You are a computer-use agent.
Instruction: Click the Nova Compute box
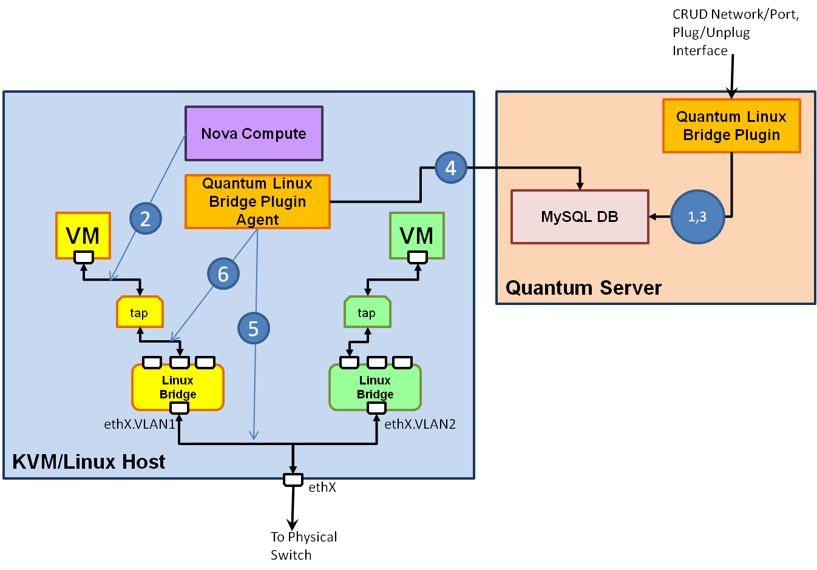coord(254,133)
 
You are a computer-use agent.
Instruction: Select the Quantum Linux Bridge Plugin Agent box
coord(257,201)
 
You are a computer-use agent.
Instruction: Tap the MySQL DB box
coord(580,216)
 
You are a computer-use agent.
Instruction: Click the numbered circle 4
coord(450,167)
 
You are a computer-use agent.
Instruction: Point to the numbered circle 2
coord(146,218)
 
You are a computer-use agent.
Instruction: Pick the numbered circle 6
coord(223,273)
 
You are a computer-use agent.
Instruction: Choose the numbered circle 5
coord(253,328)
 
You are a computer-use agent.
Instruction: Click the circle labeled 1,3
coord(697,216)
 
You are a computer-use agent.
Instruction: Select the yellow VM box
coord(83,235)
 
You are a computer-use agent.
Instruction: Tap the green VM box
coord(417,235)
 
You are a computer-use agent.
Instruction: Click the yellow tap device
coord(140,312)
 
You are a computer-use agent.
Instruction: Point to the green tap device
coord(367,312)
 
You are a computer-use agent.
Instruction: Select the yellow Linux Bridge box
coord(178,387)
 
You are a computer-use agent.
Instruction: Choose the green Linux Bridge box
coord(375,387)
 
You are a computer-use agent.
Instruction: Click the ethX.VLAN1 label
coord(139,424)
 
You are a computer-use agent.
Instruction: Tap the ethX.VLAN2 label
coord(420,424)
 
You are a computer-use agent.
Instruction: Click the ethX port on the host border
coord(293,480)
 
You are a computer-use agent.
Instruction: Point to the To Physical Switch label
coord(303,546)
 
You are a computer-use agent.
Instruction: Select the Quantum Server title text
coord(583,287)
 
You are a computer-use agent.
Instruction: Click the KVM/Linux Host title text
coord(89,461)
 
